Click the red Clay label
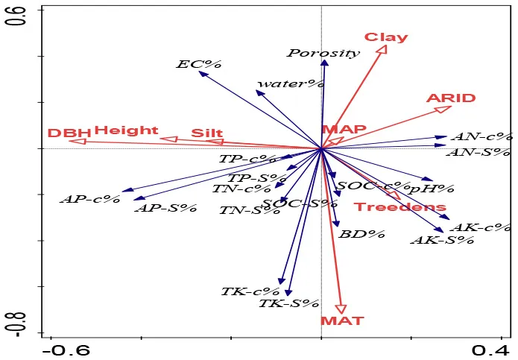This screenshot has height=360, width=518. (385, 37)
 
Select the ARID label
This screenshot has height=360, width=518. (450, 98)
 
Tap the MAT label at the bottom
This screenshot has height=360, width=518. (342, 321)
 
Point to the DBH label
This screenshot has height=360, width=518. (69, 133)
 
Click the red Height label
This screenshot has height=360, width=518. (126, 130)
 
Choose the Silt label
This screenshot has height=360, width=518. (206, 133)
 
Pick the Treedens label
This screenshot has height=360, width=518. (399, 207)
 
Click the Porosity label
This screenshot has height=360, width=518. (323, 53)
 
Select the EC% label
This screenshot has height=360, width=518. (191, 64)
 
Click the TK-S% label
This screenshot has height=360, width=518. (288, 303)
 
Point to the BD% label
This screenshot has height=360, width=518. (361, 234)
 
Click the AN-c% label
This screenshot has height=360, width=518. (482, 136)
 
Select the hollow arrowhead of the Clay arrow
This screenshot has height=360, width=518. (382, 50)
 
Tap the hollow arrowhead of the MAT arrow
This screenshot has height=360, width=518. (341, 309)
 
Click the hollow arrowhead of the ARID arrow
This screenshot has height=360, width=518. (443, 110)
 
